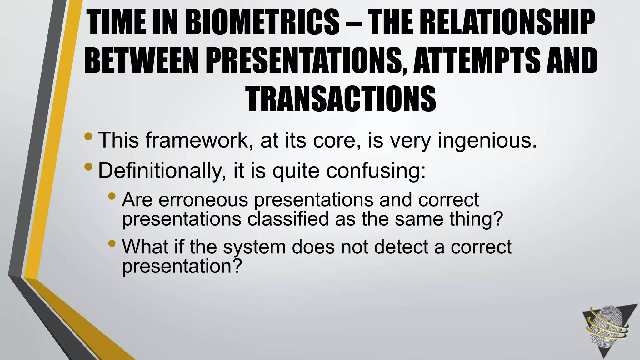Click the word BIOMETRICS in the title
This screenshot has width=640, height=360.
tap(262, 22)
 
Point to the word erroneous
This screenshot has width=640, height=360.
tap(203, 200)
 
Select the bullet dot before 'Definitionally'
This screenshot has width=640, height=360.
tap(88, 167)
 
